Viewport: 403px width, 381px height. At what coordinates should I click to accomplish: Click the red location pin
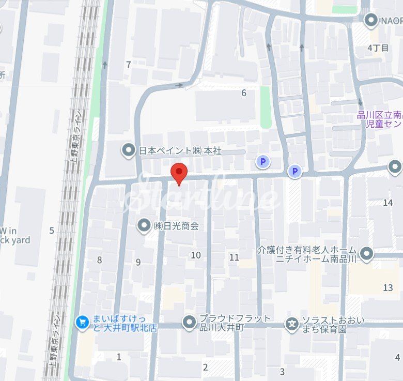tap(179, 173)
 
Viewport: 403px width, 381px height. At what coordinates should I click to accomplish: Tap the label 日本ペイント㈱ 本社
tap(180, 151)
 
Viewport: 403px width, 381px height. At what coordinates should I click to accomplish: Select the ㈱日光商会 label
tap(176, 226)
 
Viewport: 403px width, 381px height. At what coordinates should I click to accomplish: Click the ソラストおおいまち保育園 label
tap(324, 324)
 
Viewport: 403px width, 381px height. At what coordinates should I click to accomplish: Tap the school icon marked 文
tap(292, 324)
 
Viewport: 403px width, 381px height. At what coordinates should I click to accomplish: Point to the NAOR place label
tap(392, 21)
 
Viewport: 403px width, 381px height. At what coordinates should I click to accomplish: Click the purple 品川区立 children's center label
tap(380, 120)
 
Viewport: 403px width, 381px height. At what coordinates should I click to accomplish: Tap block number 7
tap(128, 65)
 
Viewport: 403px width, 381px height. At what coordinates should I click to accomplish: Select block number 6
tap(244, 93)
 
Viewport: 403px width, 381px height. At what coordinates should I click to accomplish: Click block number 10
tap(195, 255)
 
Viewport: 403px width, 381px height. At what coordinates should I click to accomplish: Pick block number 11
tap(234, 257)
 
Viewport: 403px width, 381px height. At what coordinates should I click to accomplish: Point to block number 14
tap(388, 203)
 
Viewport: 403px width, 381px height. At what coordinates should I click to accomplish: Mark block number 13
tap(388, 287)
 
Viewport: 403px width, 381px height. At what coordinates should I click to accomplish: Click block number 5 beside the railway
tap(51, 231)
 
